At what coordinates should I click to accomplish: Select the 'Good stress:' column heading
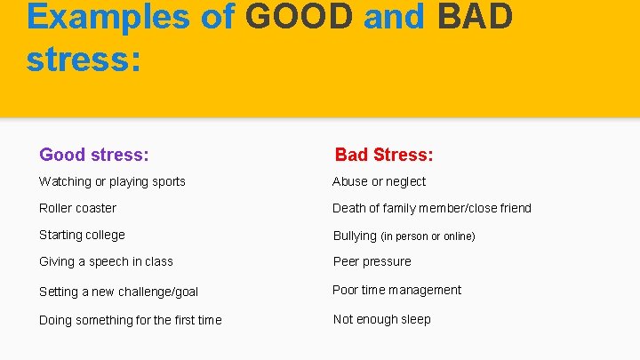pyautogui.click(x=93, y=155)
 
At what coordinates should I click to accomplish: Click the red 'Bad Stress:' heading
pyautogui.click(x=384, y=155)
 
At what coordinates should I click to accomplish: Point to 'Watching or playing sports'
pyautogui.click(x=112, y=181)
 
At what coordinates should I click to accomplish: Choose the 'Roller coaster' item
pyautogui.click(x=77, y=208)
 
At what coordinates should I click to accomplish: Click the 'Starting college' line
pyautogui.click(x=82, y=235)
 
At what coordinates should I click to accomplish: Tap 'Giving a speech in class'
pyautogui.click(x=106, y=261)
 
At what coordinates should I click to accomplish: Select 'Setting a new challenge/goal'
pyautogui.click(x=118, y=292)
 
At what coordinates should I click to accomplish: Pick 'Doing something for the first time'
pyautogui.click(x=131, y=320)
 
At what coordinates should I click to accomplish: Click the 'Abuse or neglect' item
pyautogui.click(x=379, y=181)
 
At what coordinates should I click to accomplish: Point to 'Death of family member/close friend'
pyautogui.click(x=432, y=208)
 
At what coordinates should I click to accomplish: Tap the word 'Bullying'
pyautogui.click(x=355, y=236)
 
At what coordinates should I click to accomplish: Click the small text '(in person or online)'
pyautogui.click(x=428, y=236)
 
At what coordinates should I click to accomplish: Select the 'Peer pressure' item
pyautogui.click(x=372, y=261)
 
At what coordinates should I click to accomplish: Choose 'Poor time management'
pyautogui.click(x=396, y=290)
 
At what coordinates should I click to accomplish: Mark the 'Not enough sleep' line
pyautogui.click(x=381, y=319)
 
